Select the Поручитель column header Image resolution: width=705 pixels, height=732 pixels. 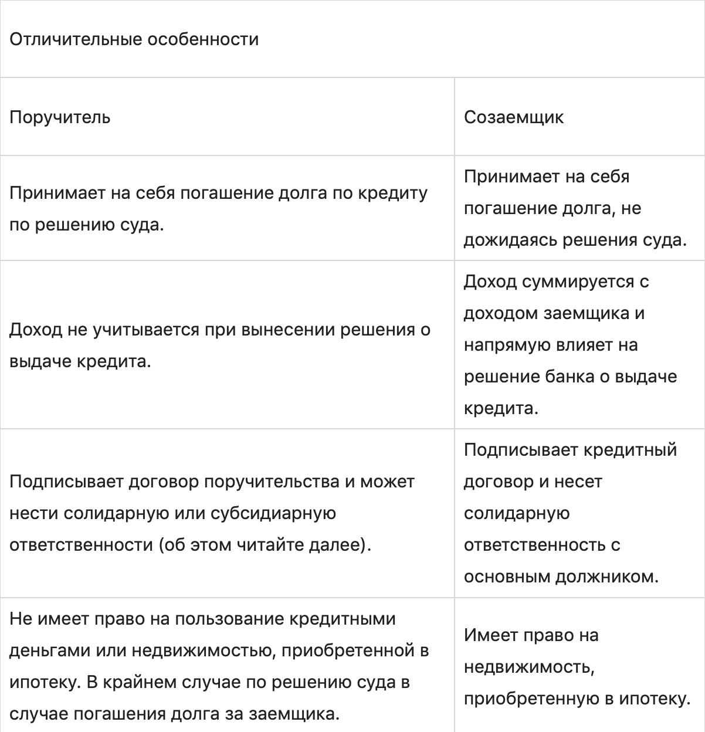tap(60, 117)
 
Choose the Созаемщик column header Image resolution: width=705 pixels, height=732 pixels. tap(513, 117)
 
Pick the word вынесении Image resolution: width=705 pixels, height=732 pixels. tap(279, 330)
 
